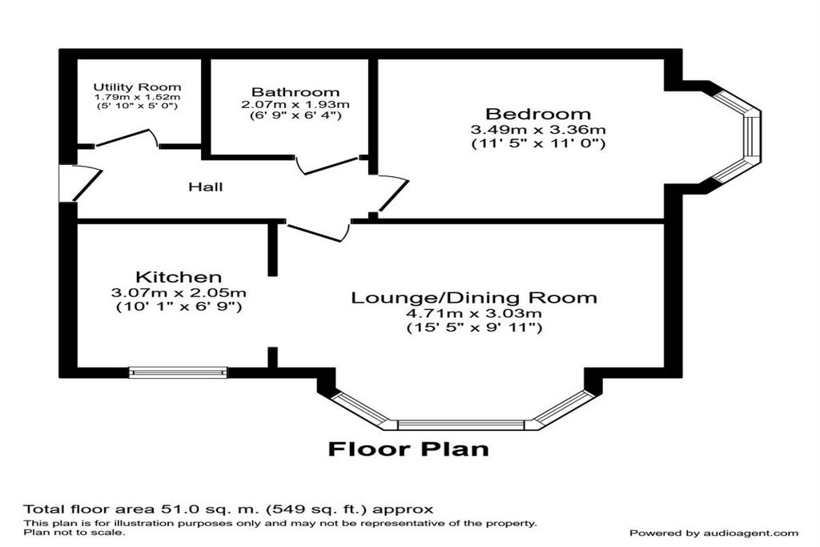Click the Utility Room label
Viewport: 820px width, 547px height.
click(x=137, y=86)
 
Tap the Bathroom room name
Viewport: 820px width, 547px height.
click(x=295, y=92)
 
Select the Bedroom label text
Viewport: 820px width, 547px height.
click(x=538, y=114)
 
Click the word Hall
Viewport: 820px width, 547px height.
click(x=206, y=186)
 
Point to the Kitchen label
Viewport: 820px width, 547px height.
click(x=179, y=276)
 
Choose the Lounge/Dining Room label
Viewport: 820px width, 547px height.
click(x=474, y=298)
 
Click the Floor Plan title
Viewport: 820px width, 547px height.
click(x=408, y=448)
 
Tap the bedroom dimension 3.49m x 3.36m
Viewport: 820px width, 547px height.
click(x=538, y=129)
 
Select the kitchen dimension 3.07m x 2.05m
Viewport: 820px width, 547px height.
click(x=179, y=293)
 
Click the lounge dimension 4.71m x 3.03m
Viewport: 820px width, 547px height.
click(x=474, y=314)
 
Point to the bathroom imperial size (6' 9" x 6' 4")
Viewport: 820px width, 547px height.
click(x=295, y=115)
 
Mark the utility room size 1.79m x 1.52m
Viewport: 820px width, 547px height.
click(x=137, y=97)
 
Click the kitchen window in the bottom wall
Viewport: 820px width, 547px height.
click(x=179, y=372)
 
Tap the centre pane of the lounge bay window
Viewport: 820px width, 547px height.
click(x=460, y=424)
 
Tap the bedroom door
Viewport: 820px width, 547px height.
click(x=393, y=194)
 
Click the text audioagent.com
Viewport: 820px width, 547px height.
click(x=750, y=533)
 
